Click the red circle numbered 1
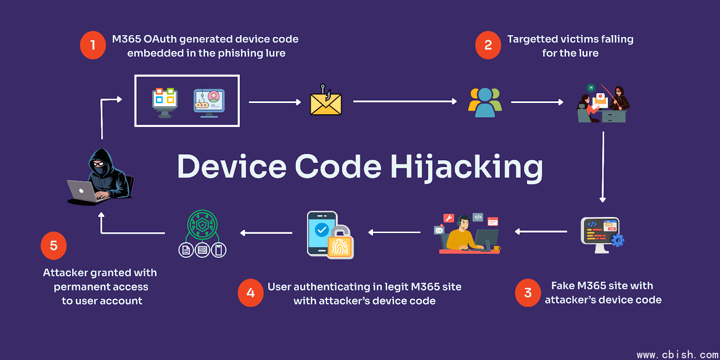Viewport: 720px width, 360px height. click(x=93, y=45)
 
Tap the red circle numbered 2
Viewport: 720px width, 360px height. click(x=488, y=45)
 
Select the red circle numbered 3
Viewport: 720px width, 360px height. click(x=528, y=293)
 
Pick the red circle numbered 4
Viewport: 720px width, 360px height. click(x=251, y=293)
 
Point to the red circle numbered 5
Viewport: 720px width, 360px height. click(x=54, y=246)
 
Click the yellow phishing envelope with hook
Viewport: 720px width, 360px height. click(x=326, y=101)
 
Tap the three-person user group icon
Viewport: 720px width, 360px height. click(x=485, y=102)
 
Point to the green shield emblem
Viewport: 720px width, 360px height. click(x=202, y=224)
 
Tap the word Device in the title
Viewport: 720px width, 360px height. click(x=232, y=167)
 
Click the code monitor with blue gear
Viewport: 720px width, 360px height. click(x=601, y=234)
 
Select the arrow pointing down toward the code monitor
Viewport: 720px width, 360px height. click(x=603, y=166)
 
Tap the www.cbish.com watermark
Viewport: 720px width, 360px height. click(x=677, y=355)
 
